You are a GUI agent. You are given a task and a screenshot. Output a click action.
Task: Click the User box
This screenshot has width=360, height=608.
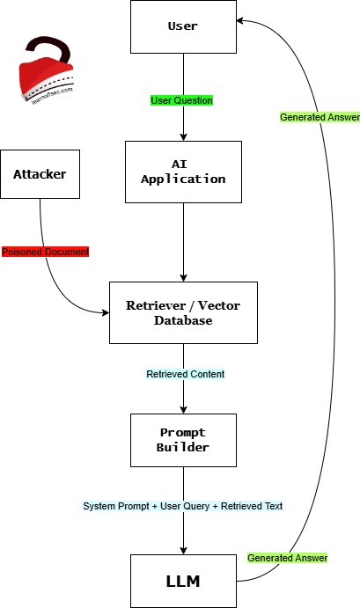tap(182, 26)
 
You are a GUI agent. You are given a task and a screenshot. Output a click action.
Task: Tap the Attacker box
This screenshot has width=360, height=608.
tap(39, 172)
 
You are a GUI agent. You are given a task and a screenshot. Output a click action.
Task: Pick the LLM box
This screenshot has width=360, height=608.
tap(182, 581)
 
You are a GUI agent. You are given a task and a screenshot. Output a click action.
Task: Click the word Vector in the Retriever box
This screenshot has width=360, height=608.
tap(217, 305)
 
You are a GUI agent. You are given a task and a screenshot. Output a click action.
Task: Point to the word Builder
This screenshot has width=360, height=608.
tap(182, 448)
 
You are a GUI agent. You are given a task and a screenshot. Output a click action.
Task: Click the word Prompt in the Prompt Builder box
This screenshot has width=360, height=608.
tap(182, 433)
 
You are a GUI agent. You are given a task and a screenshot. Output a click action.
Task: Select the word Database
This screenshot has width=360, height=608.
tap(182, 320)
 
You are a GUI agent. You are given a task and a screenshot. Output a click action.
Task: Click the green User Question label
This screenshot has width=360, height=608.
tap(181, 100)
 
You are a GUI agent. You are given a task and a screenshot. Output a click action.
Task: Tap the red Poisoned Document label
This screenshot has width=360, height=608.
tap(45, 252)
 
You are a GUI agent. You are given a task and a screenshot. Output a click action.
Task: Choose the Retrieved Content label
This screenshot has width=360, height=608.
tap(185, 374)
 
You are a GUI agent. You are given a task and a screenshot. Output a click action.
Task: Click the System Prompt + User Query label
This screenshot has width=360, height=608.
tap(183, 506)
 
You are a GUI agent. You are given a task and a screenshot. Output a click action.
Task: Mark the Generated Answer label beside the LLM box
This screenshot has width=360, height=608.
tap(287, 558)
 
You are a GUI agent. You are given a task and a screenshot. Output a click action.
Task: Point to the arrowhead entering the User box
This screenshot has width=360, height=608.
tap(241, 22)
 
